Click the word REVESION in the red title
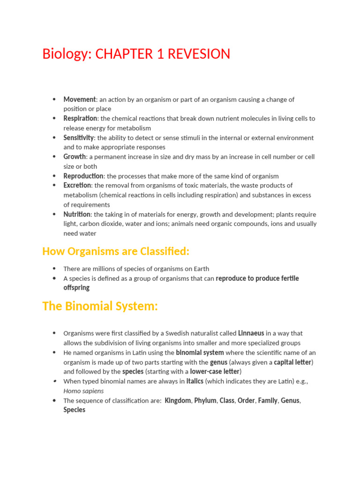tap(200, 54)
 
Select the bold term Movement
tap(80, 99)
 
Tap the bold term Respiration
tap(80, 119)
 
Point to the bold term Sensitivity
tap(79, 138)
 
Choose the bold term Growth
tap(75, 157)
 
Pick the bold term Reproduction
tap(83, 176)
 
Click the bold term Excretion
tap(77, 186)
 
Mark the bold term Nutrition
tap(77, 214)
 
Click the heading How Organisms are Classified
tap(116, 251)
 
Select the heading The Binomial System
tap(100, 306)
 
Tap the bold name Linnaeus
tap(251, 333)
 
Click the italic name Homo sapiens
tap(83, 391)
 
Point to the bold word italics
tap(195, 381)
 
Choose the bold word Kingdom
tap(178, 400)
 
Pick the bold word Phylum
tap(205, 400)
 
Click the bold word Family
tap(267, 400)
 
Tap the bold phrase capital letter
tap(293, 362)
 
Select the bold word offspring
tap(76, 288)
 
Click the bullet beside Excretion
tap(54, 186)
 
